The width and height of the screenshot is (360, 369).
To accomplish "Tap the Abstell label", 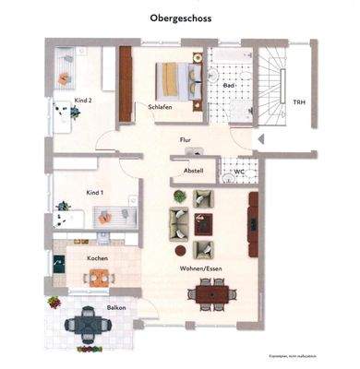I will click(193, 171).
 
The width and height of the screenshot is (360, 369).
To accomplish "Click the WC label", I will click(238, 171).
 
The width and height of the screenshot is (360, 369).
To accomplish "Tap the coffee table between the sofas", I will click(204, 222).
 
